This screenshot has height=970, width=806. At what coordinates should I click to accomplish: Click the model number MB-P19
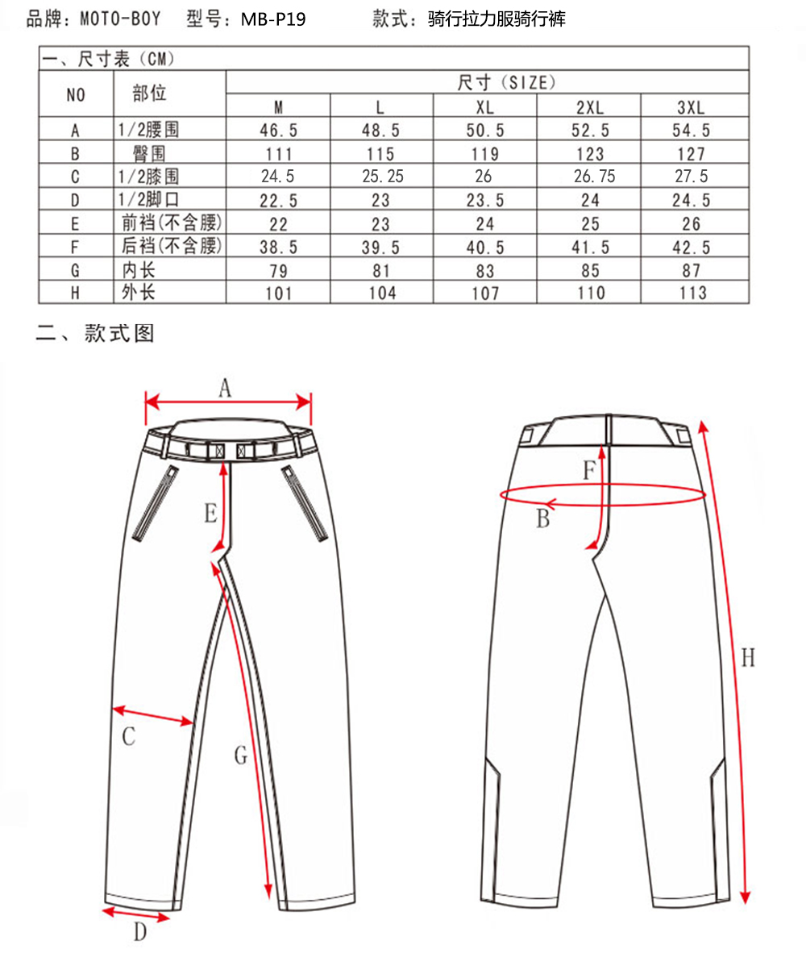point(273,19)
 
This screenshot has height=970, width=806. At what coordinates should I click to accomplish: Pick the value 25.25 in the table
point(381,177)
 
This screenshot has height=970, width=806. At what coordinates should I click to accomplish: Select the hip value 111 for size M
point(278,153)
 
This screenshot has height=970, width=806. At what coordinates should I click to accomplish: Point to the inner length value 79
point(278,270)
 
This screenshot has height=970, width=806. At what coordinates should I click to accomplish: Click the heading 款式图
point(118,333)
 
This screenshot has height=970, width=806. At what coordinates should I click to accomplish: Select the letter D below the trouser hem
point(140,934)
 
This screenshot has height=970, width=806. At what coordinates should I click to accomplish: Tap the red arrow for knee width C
point(152,716)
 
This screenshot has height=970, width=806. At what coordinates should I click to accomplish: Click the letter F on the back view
point(590,470)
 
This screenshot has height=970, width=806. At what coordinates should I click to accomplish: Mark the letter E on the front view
point(210,513)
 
